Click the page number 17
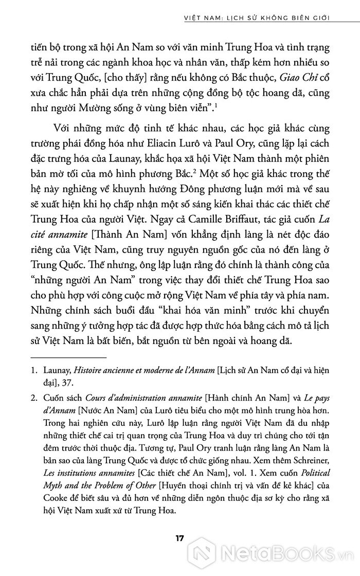179,539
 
